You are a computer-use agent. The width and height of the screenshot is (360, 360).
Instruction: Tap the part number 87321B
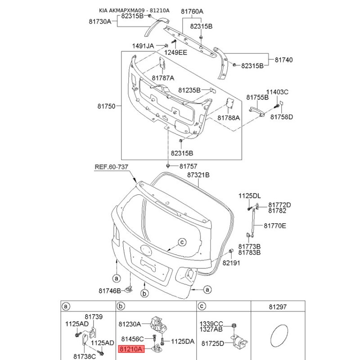(x=199, y=174)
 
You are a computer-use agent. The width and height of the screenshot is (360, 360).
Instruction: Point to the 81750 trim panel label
(x=106, y=107)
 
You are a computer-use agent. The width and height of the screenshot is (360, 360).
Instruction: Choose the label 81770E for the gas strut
(x=274, y=226)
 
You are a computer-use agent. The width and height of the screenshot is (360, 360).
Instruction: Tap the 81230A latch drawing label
(x=130, y=324)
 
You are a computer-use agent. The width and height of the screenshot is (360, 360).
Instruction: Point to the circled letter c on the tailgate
(x=182, y=242)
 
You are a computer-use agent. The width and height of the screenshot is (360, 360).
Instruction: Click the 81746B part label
(x=110, y=291)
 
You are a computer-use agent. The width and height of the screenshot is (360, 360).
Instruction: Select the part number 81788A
(x=229, y=117)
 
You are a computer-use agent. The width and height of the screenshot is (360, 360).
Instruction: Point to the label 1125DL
(x=250, y=196)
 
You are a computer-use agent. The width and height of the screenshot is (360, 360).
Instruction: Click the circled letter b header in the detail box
(x=120, y=306)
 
